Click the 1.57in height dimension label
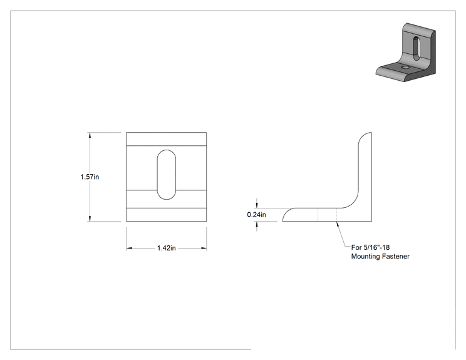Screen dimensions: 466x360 tap(90, 177)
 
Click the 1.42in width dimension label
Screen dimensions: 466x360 tap(167, 248)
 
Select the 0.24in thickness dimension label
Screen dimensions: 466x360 tap(256, 215)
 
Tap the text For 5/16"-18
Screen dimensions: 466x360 tap(370, 247)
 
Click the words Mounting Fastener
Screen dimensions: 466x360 tap(380, 256)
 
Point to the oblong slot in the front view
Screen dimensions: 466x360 tap(167, 175)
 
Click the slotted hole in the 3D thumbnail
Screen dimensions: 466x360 tap(417, 48)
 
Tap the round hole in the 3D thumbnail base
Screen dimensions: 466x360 tap(405, 68)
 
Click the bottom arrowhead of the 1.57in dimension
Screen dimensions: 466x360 tap(90, 219)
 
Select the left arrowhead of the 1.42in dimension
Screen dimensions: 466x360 tap(129, 248)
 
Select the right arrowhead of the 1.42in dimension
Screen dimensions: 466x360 tap(204, 248)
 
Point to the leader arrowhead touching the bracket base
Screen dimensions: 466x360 tap(338, 224)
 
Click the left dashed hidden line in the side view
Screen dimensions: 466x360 tap(318, 215)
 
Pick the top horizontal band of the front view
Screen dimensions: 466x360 tap(167, 139)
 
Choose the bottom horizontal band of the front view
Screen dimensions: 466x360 tap(167, 215)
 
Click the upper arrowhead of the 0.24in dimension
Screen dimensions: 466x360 tap(257, 205)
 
